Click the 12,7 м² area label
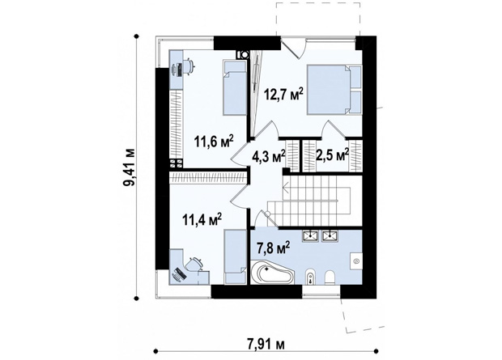pos(283,94)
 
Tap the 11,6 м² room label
pos(214,141)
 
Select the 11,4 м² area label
pos(202,219)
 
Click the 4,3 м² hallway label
pos(268,157)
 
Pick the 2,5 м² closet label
pos(332,155)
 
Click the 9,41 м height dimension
pos(130,167)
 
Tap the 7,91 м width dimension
pos(266,345)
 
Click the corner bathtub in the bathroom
pos(272,273)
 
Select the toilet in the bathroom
pos(330,277)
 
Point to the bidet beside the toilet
pos(310,277)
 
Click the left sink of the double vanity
pos(310,236)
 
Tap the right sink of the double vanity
pos(330,236)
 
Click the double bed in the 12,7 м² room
pos(334,90)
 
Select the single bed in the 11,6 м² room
pos(235,87)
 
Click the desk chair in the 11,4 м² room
pos(194,265)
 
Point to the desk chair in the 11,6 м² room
pos(189,66)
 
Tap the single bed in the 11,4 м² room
pos(236,256)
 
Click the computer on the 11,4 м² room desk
pos(179,274)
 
